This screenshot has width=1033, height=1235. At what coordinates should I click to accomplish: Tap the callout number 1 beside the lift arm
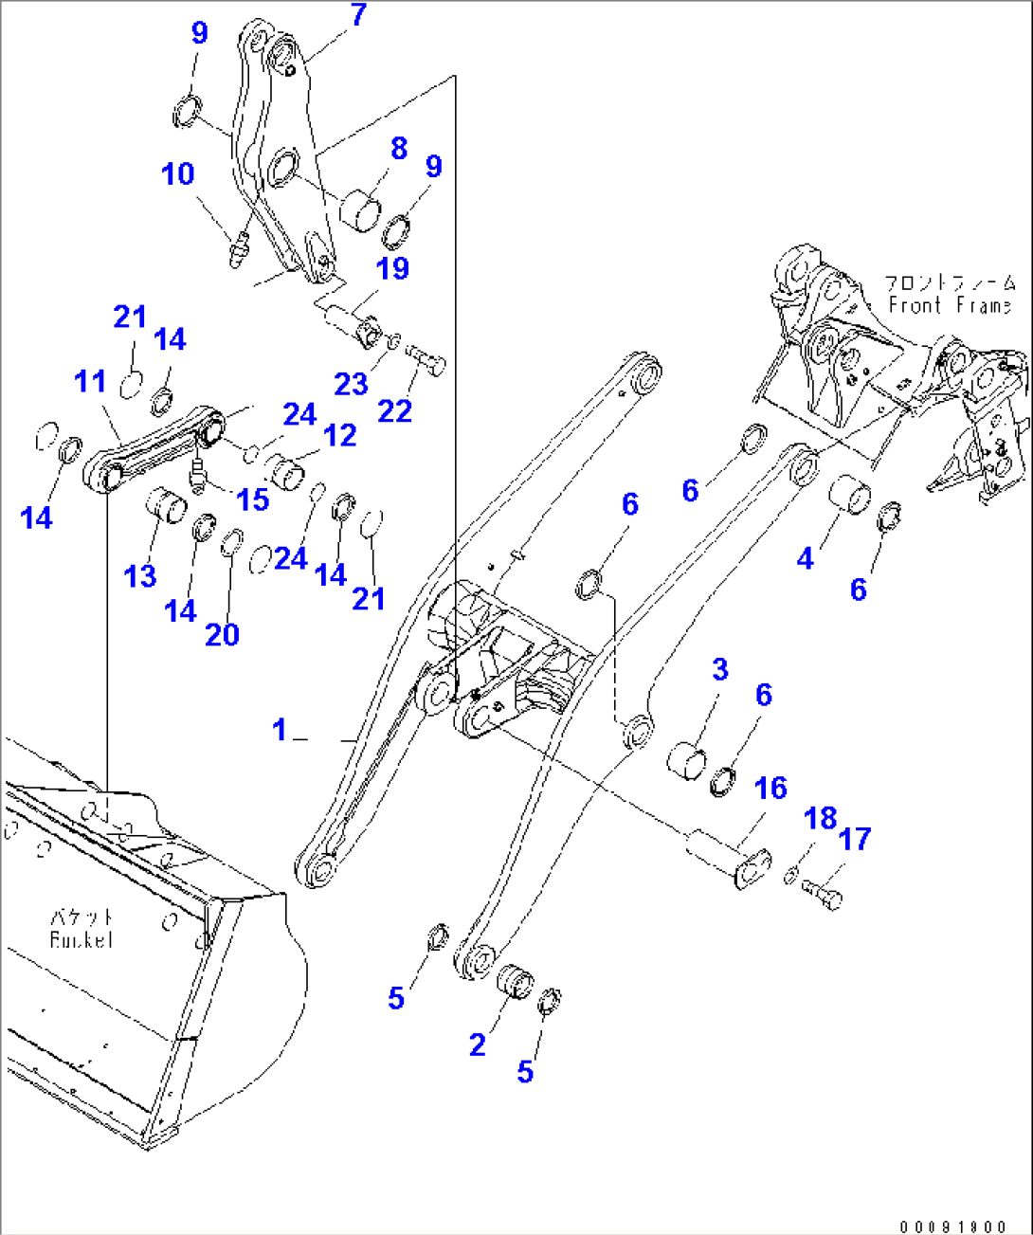280,729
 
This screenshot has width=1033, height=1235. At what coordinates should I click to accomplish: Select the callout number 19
391,268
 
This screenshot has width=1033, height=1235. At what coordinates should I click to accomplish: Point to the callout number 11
91,381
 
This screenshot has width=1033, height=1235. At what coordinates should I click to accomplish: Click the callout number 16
770,788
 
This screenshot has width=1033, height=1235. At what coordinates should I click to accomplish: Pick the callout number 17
854,839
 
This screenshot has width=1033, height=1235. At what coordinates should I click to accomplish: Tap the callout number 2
478,1044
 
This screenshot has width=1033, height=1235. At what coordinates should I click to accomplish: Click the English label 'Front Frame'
950,305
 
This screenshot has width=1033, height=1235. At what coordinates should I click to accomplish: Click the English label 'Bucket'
81,939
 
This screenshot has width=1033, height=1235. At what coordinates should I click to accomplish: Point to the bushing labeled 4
849,496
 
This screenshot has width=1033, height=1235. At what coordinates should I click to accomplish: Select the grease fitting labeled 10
239,248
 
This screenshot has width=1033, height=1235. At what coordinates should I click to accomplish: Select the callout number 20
223,634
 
